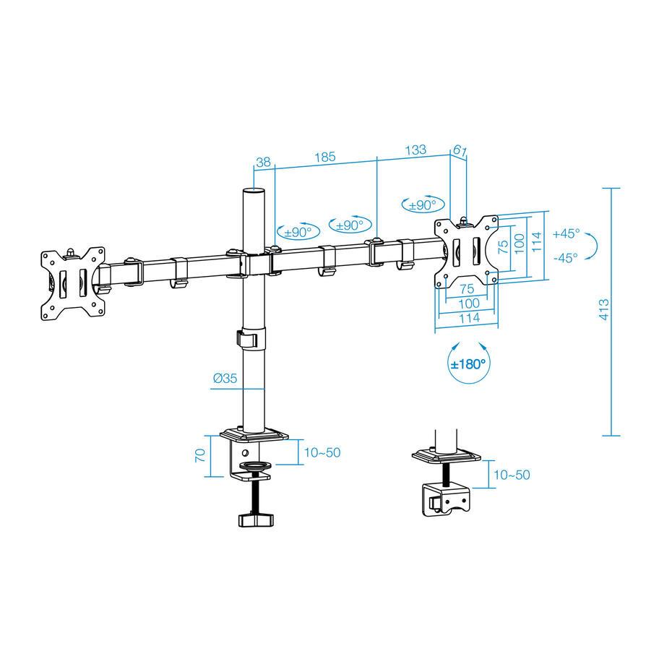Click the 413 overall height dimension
605,310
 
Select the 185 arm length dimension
324,157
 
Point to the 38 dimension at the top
264,163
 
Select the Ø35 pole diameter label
226,378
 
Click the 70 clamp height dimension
201,455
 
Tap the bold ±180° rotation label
468,364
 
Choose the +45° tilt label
566,234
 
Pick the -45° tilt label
566,258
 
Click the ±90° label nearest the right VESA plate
423,204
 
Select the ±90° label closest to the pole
298,232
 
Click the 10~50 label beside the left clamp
322,453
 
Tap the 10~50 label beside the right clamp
512,475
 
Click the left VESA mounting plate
72,282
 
